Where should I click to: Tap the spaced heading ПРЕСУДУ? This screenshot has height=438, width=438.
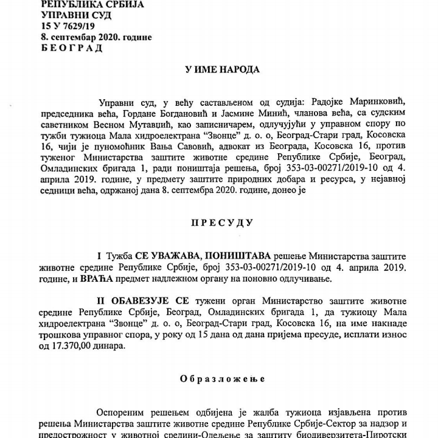click(222, 223)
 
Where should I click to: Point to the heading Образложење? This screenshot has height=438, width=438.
click(222, 378)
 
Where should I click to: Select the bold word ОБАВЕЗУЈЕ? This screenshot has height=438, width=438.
click(144, 301)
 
